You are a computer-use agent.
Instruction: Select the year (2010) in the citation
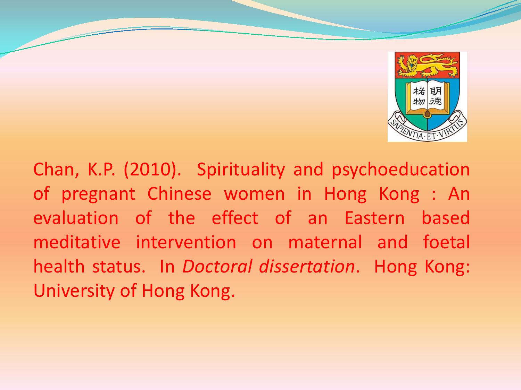(152, 170)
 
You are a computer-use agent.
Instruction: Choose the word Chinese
(179, 194)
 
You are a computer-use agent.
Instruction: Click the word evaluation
(76, 218)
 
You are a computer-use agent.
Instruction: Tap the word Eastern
(374, 218)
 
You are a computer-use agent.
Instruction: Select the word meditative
(77, 242)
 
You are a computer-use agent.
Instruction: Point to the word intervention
(186, 242)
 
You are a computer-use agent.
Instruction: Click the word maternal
(325, 242)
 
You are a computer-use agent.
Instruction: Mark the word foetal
(446, 242)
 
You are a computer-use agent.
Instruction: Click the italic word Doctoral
(217, 266)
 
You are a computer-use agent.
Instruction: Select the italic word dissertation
(307, 266)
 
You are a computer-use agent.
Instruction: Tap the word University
(74, 291)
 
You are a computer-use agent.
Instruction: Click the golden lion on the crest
(428, 66)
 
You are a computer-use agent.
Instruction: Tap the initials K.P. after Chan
(101, 170)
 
